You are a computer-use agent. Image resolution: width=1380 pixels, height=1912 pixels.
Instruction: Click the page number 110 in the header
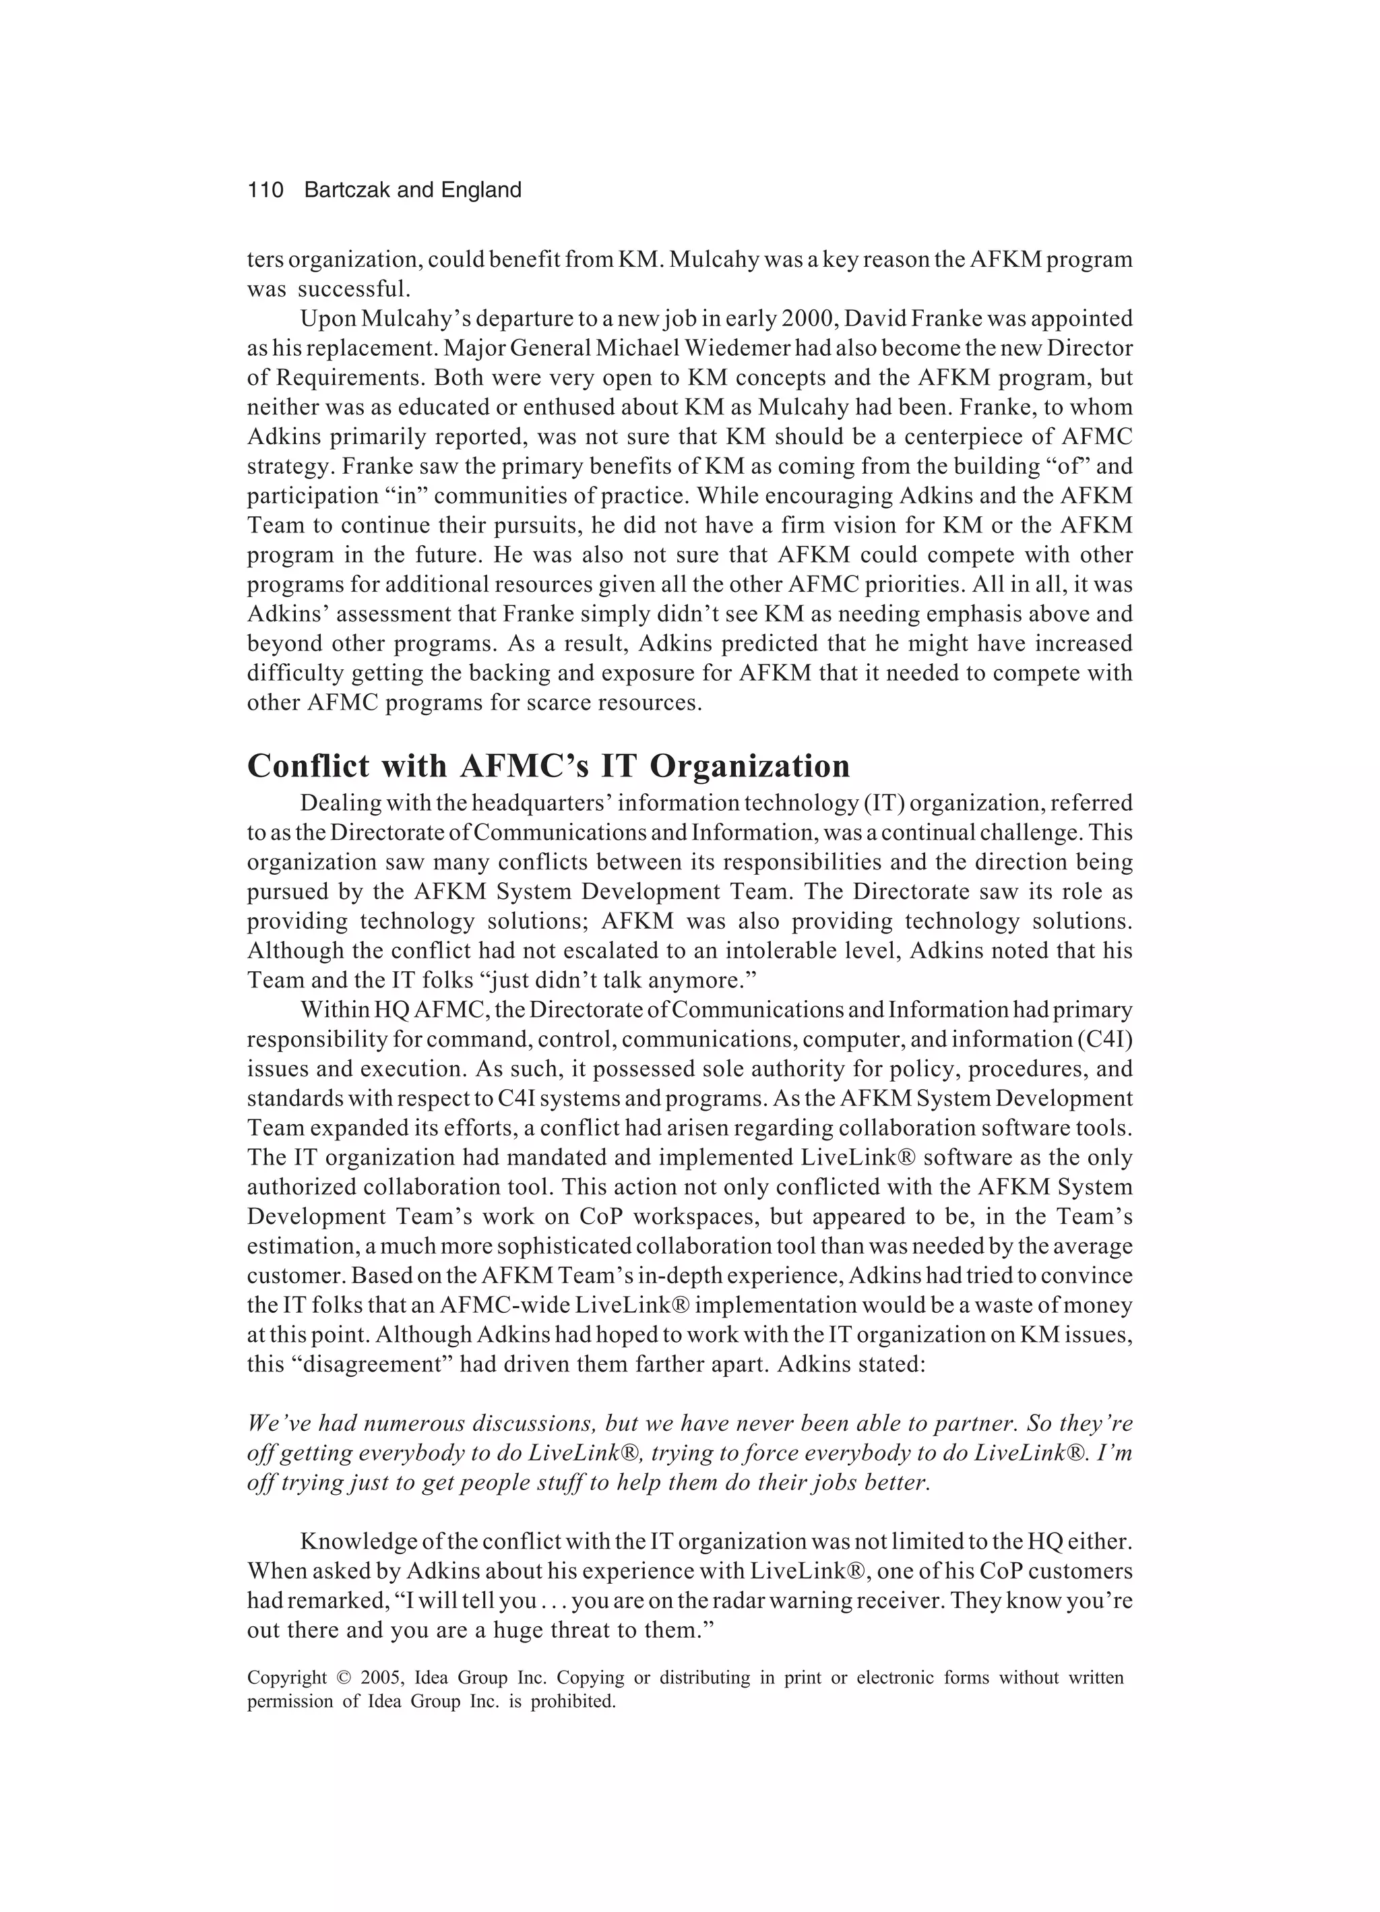pyautogui.click(x=265, y=191)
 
